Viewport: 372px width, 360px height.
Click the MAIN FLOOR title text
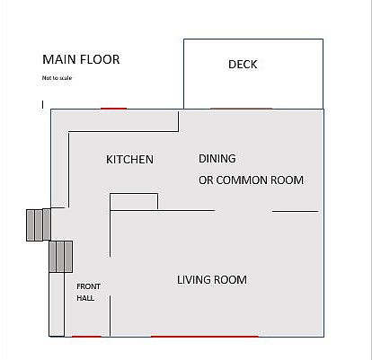[81, 59]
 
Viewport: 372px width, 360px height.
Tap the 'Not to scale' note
[57, 78]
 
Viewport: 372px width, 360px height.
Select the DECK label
[243, 65]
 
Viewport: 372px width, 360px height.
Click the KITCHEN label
[129, 159]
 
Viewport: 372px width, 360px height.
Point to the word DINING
[217, 159]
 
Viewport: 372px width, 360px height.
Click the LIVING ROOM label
[212, 280]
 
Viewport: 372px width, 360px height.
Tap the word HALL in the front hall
[85, 298]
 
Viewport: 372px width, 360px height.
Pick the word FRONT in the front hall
[88, 286]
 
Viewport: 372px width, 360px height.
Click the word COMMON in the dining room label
[242, 180]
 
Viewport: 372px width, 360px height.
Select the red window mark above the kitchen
[113, 109]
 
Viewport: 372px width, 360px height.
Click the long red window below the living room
[205, 337]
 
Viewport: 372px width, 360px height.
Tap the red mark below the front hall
[86, 337]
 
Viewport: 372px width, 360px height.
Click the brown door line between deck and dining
[242, 109]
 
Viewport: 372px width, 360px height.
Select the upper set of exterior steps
[39, 224]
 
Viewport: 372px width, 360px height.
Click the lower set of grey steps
[61, 257]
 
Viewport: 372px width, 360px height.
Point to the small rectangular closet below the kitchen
[134, 202]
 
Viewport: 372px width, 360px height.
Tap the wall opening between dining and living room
[244, 211]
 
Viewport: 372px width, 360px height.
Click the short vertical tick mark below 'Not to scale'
[43, 104]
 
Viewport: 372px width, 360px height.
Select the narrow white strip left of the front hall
[57, 304]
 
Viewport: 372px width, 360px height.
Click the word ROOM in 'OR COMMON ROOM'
[287, 180]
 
